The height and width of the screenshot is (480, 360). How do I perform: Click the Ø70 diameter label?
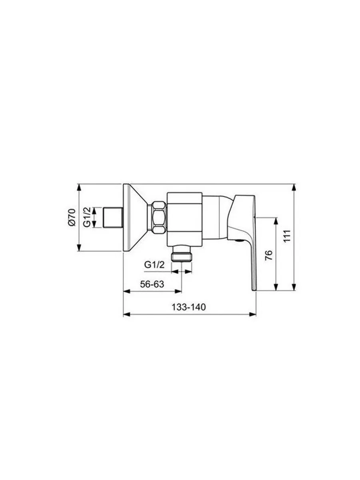72,218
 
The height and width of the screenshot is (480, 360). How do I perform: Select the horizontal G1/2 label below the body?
154,264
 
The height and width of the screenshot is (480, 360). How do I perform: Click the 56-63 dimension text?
152,284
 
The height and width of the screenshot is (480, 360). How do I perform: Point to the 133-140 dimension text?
188,307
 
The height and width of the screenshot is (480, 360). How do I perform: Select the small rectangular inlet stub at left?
113,218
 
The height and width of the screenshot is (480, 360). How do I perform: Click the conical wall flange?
134,218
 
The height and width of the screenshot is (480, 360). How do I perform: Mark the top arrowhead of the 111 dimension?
295,187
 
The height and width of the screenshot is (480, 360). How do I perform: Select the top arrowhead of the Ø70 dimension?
79,187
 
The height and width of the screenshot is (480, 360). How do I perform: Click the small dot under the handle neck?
238,241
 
